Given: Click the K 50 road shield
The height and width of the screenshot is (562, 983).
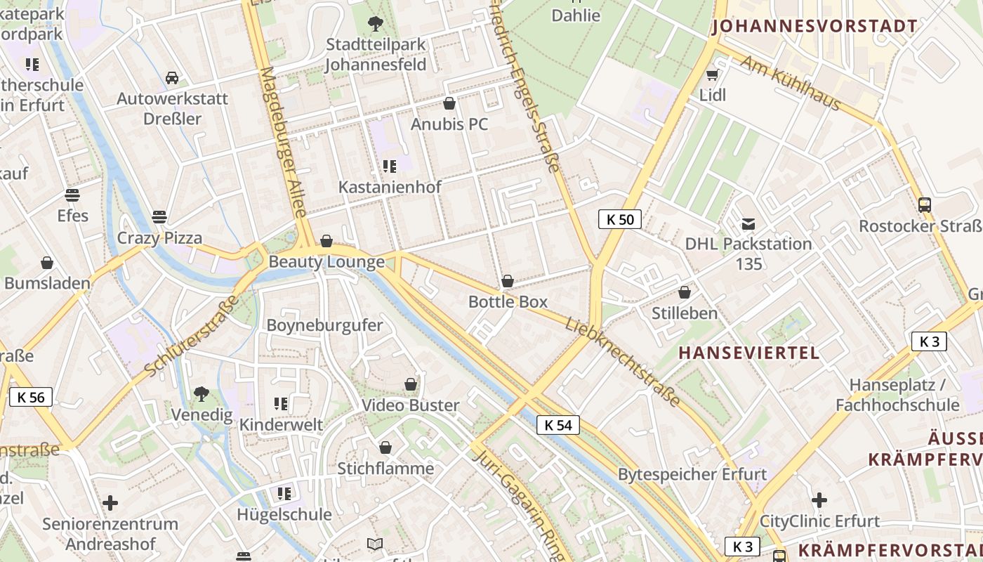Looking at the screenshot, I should [620, 219].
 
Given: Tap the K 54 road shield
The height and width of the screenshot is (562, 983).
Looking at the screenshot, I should [558, 425].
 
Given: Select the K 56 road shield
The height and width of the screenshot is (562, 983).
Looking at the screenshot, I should [31, 398].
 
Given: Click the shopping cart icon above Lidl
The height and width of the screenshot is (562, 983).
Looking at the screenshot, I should [713, 74].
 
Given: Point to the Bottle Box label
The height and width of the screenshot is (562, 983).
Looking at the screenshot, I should [508, 302].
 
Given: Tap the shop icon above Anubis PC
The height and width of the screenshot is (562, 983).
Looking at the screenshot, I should [449, 104].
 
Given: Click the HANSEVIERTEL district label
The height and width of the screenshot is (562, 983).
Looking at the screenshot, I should [749, 353].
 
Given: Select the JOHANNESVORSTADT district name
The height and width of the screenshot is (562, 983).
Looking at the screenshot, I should [814, 27].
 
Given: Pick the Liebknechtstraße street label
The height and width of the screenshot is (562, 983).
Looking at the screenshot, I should [623, 362].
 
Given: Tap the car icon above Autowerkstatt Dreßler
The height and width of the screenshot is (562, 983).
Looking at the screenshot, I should [172, 77].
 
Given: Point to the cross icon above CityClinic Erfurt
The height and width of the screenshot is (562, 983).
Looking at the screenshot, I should [819, 501].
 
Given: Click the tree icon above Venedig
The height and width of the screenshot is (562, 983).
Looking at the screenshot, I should [202, 394].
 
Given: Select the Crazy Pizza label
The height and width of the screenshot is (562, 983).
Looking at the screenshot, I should [159, 237].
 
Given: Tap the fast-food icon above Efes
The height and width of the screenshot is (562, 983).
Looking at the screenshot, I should [72, 195].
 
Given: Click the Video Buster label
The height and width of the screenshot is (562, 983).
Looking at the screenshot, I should [410, 405].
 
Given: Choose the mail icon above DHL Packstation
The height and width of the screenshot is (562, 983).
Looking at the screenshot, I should [748, 224].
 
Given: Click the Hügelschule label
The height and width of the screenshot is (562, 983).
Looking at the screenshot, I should [284, 514].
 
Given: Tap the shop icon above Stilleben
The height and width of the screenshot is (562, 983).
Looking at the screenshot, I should [685, 292].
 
